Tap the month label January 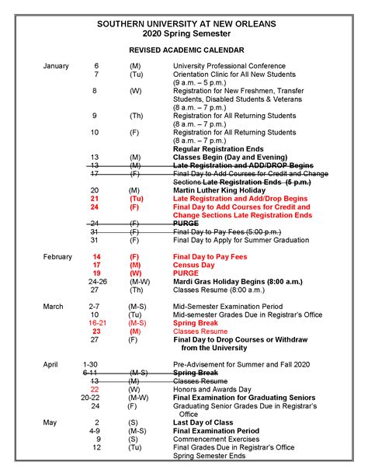pos(56,66)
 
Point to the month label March pos(53,307)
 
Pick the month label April pos(50,363)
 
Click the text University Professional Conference pos(229,66)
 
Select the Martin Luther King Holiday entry pos(220,189)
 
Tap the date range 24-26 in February pos(98,282)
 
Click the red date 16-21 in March pos(97,322)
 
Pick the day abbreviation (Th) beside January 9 pos(135,116)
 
